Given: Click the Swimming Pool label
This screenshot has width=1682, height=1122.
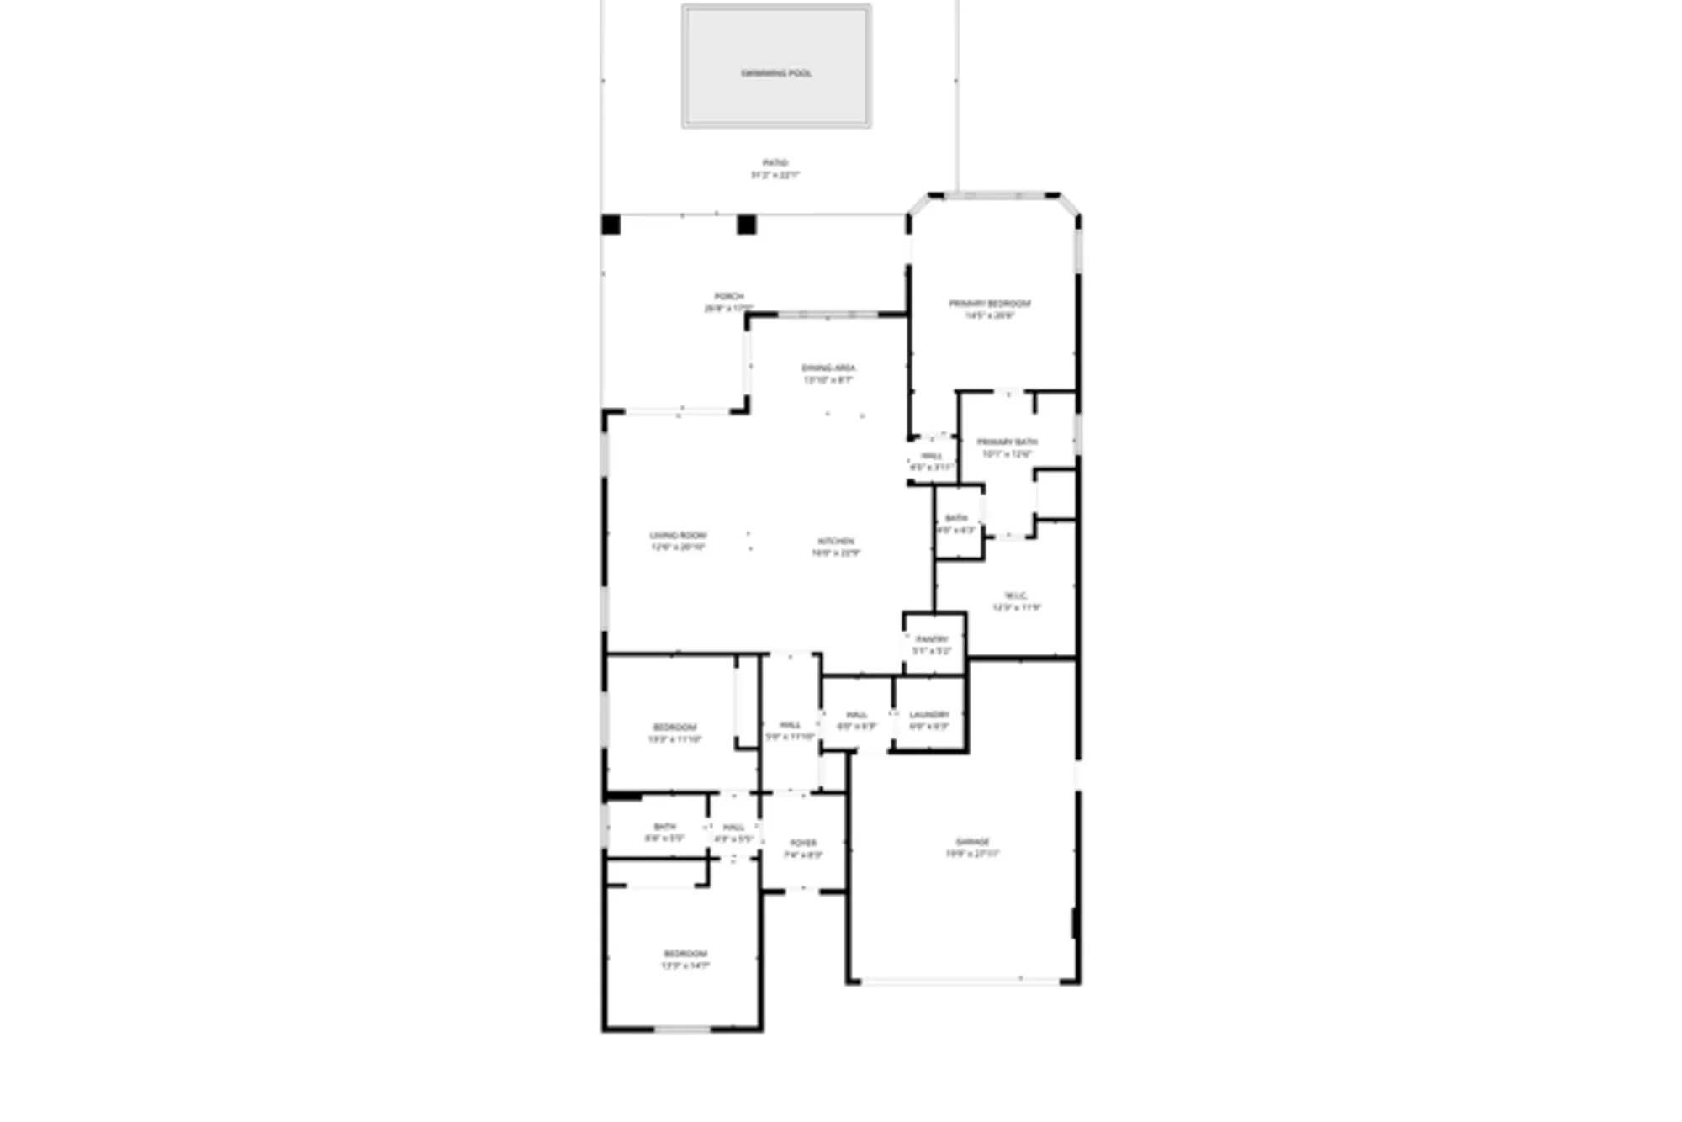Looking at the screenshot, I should pos(775,73).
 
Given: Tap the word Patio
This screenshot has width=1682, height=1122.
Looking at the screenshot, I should pos(775,162).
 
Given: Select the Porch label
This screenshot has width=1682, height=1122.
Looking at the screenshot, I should pos(728,296).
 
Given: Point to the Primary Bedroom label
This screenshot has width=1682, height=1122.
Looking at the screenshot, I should pos(989,304).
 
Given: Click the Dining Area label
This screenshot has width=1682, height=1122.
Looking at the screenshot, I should pos(828,368).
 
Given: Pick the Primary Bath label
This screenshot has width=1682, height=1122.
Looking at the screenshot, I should pos(1007,442).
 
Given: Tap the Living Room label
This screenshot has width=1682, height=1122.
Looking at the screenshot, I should pos(678,535).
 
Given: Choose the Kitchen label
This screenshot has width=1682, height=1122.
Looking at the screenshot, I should pos(836,541).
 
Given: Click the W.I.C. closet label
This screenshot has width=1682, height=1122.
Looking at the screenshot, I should pos(1016,595).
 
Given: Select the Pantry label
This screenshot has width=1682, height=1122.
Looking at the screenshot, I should pos(932,639).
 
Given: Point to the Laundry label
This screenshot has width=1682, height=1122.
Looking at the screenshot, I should pos(929,714).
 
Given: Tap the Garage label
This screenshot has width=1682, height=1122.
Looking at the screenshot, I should pos(972,841).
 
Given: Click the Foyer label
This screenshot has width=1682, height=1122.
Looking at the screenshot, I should pos(803,843).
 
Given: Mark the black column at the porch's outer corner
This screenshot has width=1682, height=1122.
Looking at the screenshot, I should pos(611,225).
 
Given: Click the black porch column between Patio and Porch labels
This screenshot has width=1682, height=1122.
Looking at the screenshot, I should pos(747,225).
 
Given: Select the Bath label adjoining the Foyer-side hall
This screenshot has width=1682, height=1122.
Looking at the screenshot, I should pos(664,827).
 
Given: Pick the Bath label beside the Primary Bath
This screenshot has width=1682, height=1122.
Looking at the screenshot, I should pos(956,518).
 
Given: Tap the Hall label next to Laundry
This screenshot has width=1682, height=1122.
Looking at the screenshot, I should pos(857,714).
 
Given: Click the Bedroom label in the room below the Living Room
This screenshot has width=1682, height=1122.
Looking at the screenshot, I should pos(674,728).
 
